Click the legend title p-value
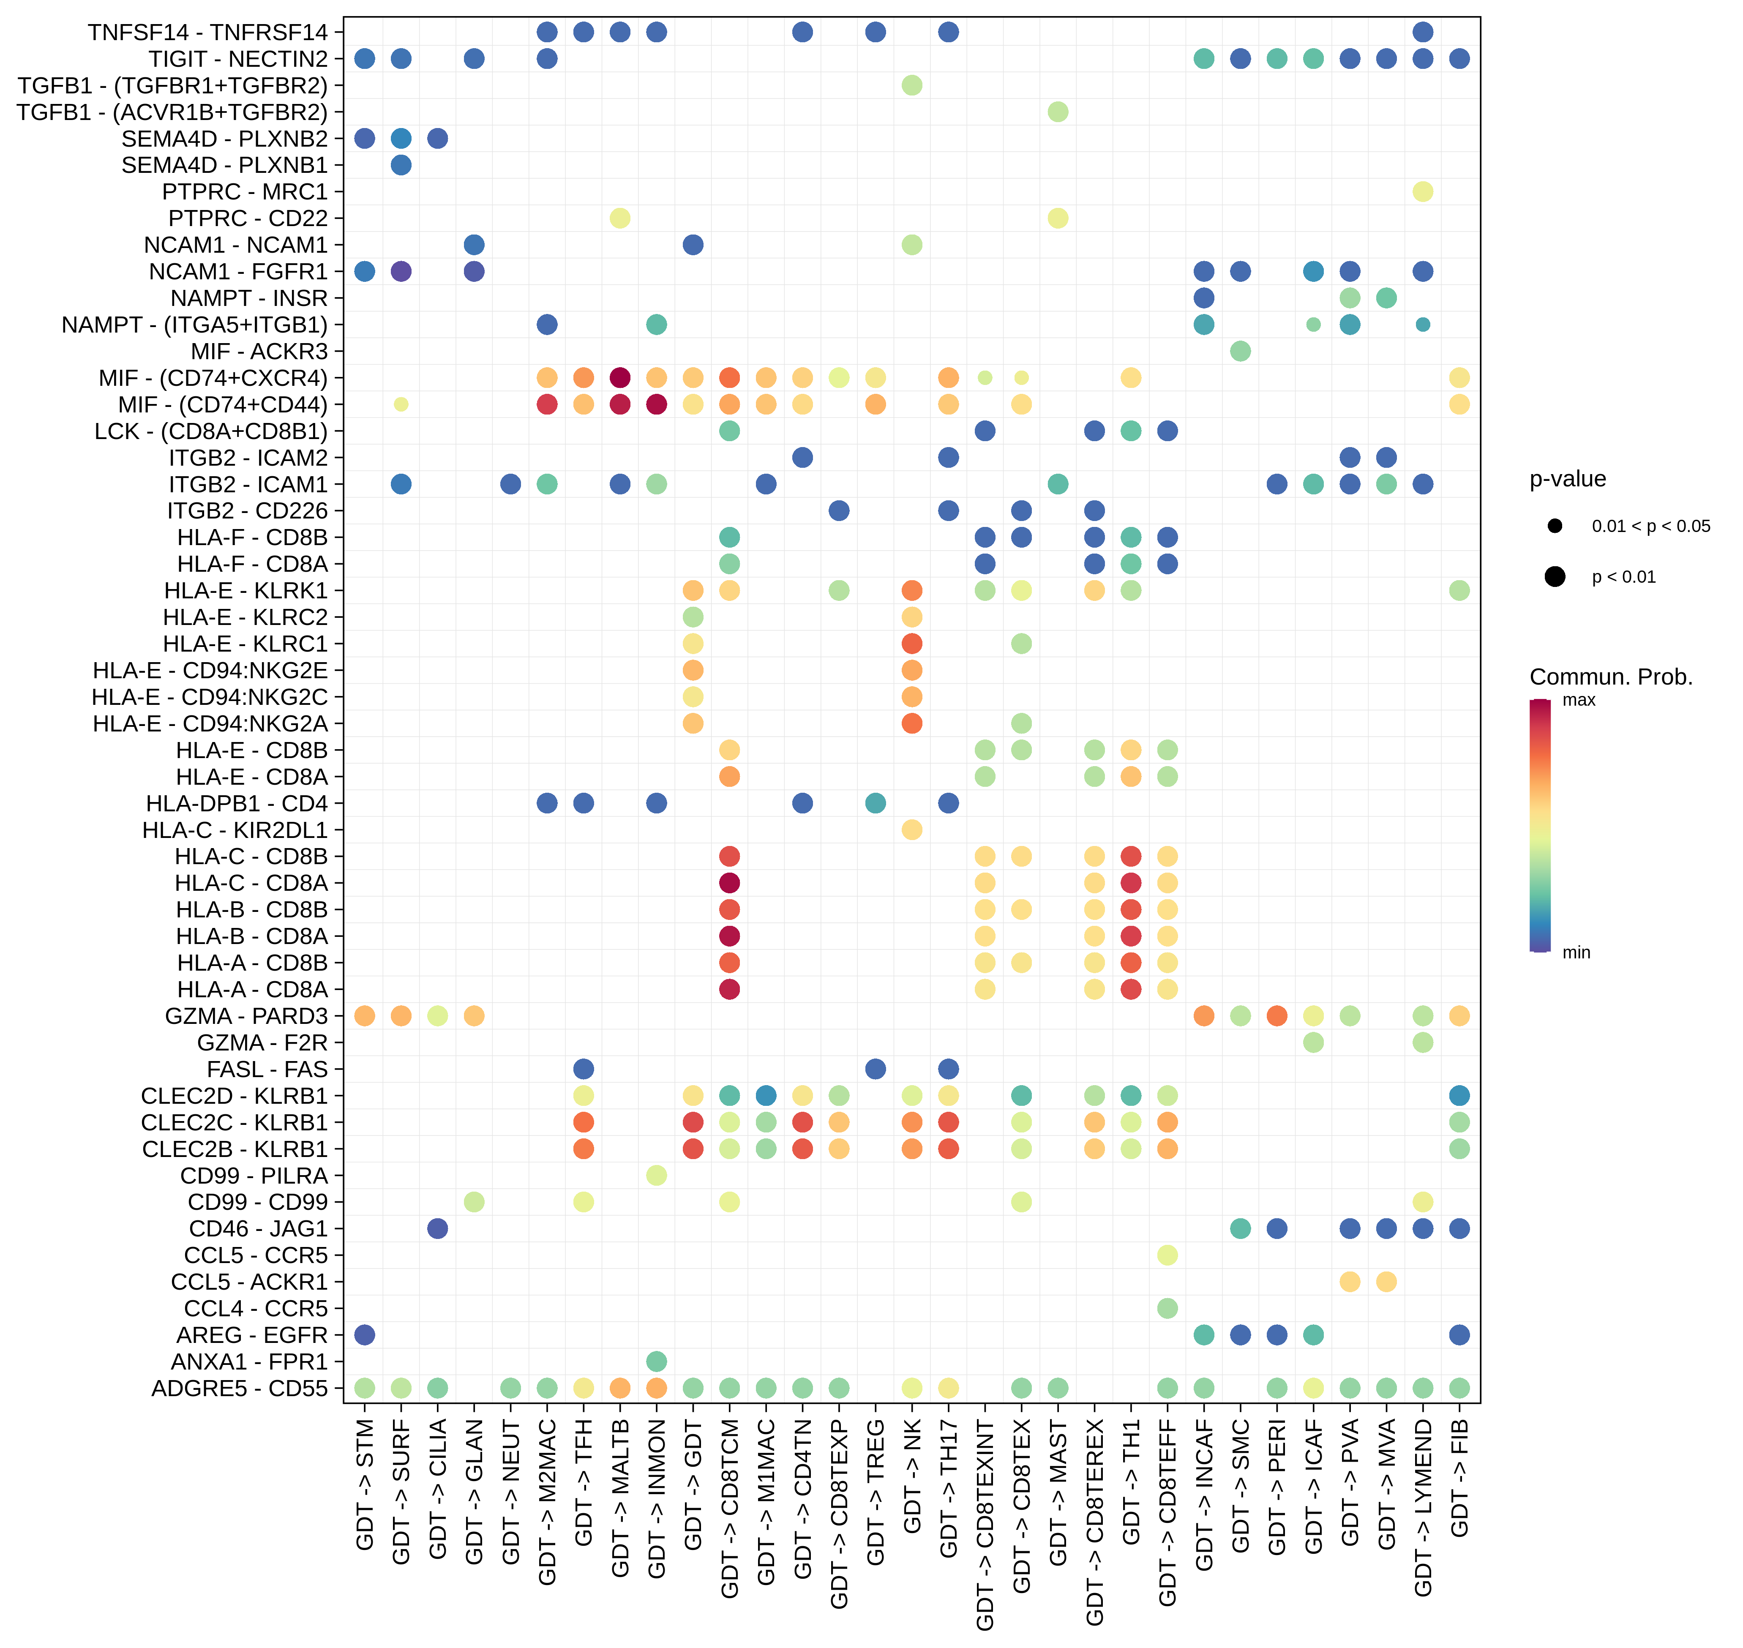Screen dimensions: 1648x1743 [x=1567, y=479]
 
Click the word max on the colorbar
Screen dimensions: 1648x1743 [x=1579, y=700]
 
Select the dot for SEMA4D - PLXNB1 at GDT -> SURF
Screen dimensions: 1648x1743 [x=401, y=165]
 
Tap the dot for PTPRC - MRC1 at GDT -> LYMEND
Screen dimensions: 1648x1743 [x=1422, y=191]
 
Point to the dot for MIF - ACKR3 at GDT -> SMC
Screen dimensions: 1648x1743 [x=1240, y=352]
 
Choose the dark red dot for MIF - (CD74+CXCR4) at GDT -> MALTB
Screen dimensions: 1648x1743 [x=619, y=378]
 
